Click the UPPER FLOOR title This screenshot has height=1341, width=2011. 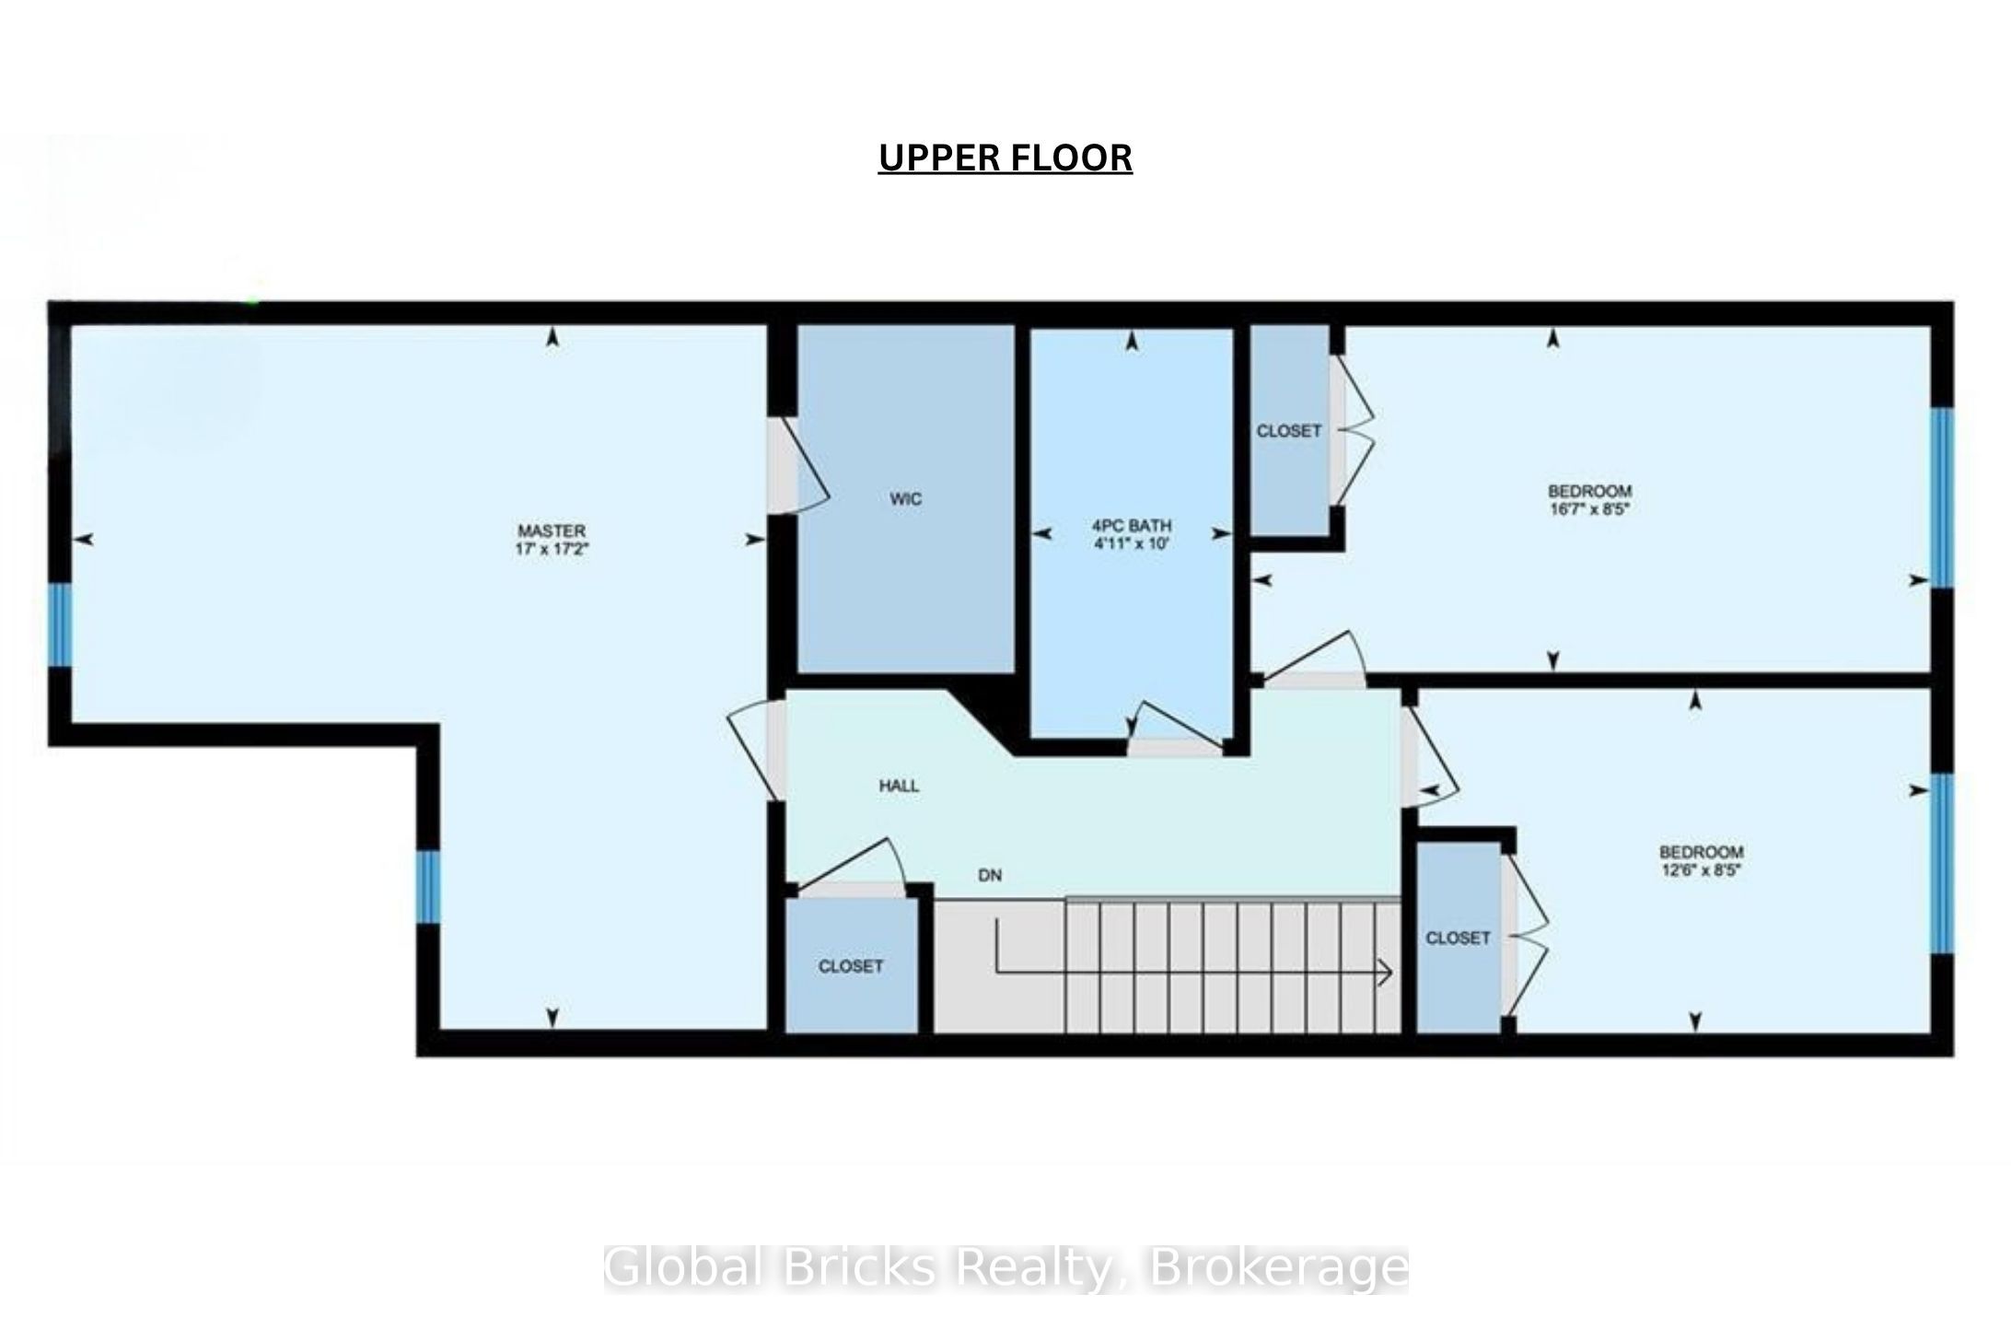click(x=1005, y=157)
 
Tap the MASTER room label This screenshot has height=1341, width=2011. click(x=552, y=531)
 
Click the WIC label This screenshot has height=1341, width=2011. click(x=906, y=499)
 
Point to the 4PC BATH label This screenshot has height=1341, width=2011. click(x=1132, y=526)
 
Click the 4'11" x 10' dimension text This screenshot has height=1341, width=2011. click(x=1132, y=543)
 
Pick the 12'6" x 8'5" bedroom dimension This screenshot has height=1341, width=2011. click(x=1702, y=869)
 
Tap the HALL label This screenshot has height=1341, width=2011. click(x=899, y=786)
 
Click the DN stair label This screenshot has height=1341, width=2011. click(x=990, y=875)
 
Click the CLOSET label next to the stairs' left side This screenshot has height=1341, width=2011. click(x=851, y=966)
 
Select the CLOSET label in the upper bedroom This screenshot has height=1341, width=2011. click(x=1289, y=431)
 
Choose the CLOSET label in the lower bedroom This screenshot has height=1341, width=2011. click(x=1458, y=938)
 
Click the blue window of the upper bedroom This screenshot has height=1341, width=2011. click(x=1941, y=497)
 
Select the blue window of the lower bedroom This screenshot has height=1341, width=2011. click(x=1941, y=863)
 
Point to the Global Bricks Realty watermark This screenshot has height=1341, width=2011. click(x=1005, y=1268)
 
